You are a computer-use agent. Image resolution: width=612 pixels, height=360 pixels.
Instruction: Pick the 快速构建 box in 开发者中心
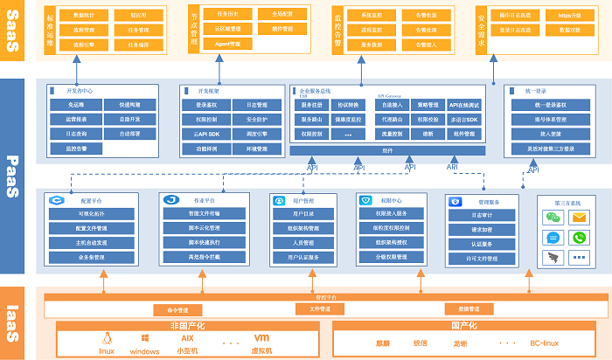click(x=129, y=105)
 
